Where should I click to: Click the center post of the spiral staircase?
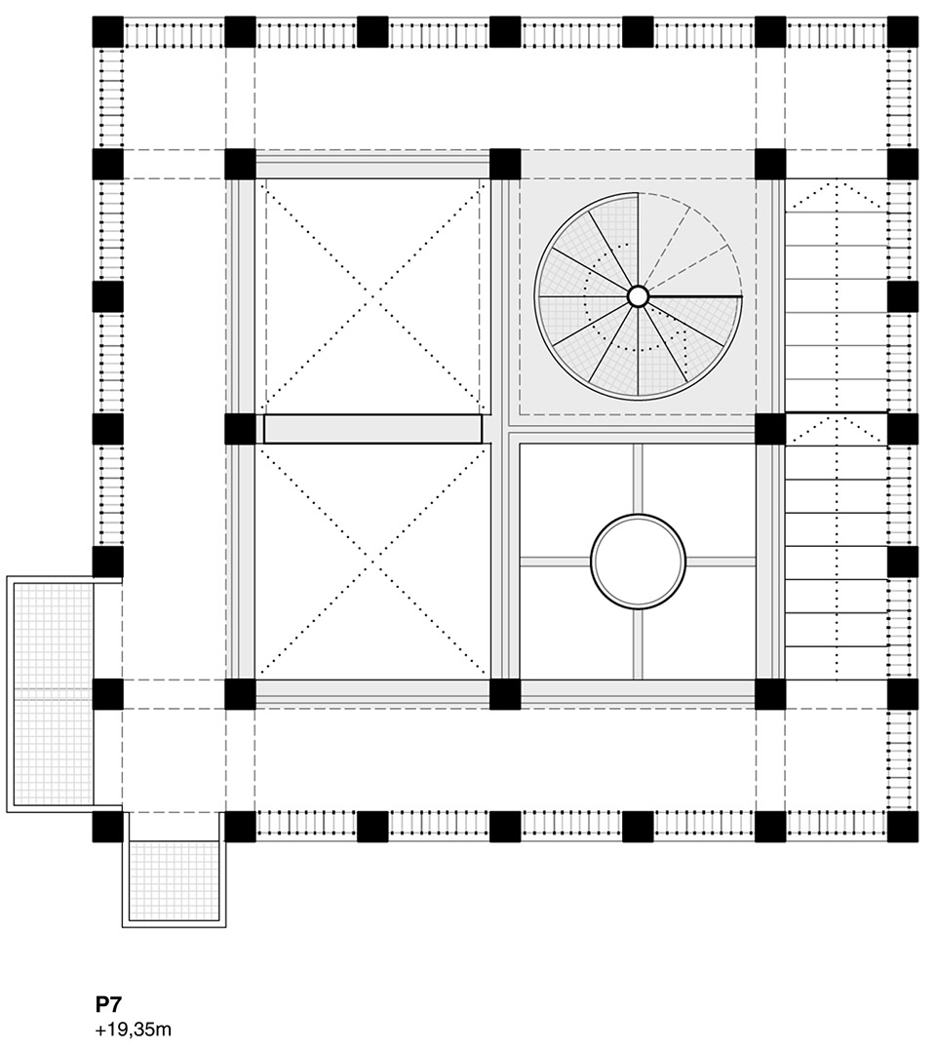[x=638, y=295]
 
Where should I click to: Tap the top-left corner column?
[x=108, y=32]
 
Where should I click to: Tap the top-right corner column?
[x=903, y=32]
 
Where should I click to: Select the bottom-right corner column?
[x=903, y=827]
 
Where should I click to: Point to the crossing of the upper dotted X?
[x=373, y=296]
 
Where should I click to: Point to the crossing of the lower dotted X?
[x=373, y=562]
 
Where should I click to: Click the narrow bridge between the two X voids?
[x=373, y=429]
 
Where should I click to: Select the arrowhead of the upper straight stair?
[x=837, y=183]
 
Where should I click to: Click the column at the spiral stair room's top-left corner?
[x=505, y=164]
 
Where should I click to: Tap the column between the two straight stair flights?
[x=903, y=429]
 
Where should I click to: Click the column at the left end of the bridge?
[x=240, y=429]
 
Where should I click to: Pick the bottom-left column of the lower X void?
[x=240, y=694]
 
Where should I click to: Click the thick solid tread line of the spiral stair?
[x=694, y=295]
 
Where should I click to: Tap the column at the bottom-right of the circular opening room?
[x=770, y=694]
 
